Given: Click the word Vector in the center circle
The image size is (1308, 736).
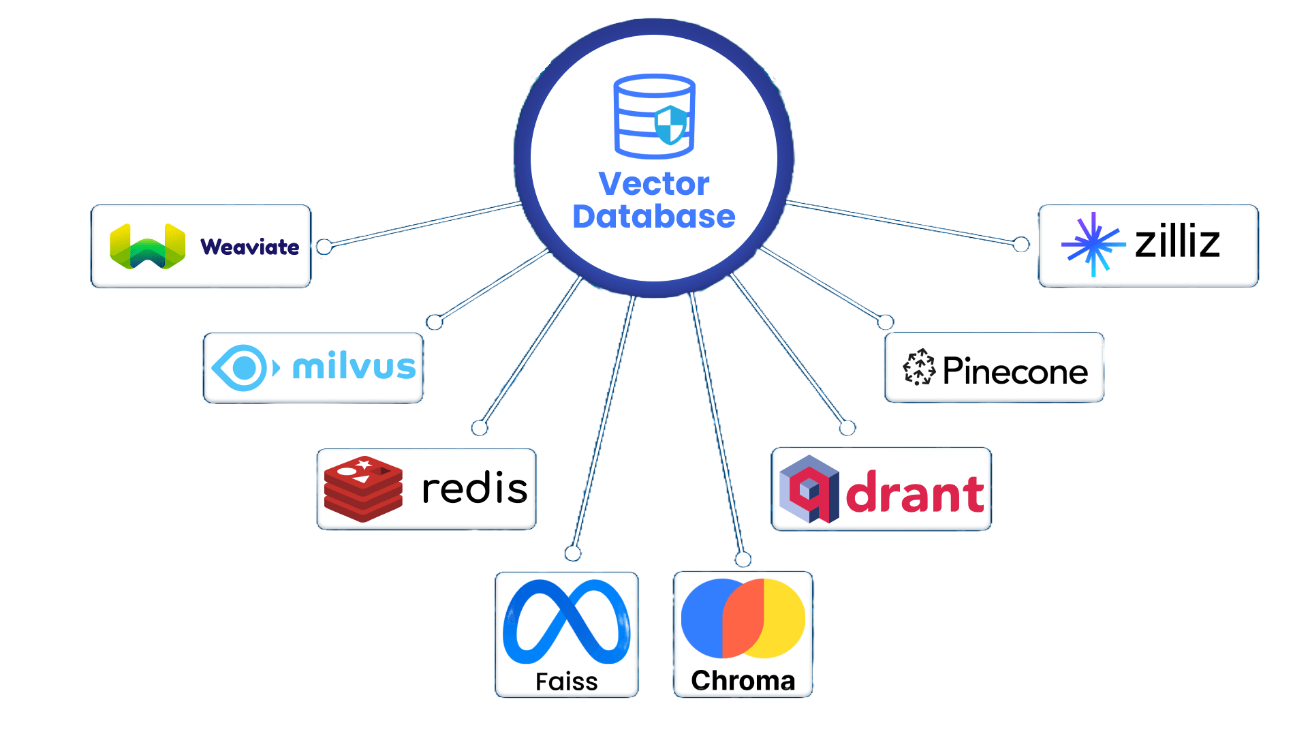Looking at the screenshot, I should (654, 184).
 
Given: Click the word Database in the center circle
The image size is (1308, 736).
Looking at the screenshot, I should (654, 217).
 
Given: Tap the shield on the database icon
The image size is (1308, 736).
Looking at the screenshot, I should (671, 125).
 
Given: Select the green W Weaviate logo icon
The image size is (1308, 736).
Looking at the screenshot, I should (147, 246).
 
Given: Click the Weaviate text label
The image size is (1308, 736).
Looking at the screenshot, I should (250, 247).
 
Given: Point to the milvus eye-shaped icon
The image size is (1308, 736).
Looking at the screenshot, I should (244, 368).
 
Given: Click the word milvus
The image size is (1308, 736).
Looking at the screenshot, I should (354, 367).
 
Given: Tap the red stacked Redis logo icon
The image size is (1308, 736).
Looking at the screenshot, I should (363, 489).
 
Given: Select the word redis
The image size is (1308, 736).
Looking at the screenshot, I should (474, 489).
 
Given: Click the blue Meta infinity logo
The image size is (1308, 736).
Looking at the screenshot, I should (566, 622).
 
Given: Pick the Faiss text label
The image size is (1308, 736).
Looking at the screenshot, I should (566, 681).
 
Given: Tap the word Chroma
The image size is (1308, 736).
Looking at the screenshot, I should (743, 681).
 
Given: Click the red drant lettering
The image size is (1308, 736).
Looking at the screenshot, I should (915, 493).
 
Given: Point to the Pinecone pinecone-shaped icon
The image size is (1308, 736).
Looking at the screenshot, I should (919, 368).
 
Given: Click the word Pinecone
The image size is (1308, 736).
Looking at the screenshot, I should (1015, 371).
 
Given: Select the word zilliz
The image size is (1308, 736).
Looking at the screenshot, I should (1177, 242).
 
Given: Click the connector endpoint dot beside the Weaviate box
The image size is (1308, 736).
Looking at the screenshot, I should (325, 246).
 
